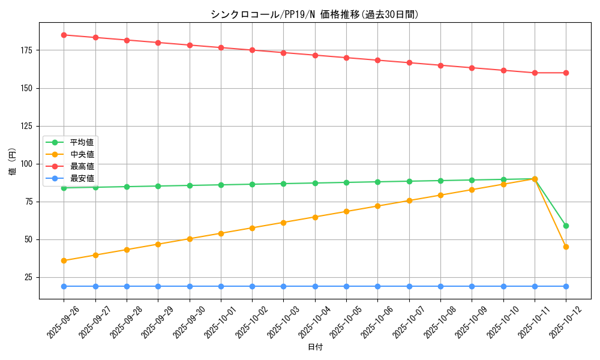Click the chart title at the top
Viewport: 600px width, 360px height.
point(314,14)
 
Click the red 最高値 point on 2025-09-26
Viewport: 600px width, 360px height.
point(64,35)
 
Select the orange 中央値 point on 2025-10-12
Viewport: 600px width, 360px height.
point(566,247)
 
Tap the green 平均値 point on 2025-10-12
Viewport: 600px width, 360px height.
point(566,226)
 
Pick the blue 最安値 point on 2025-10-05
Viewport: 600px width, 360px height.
point(346,286)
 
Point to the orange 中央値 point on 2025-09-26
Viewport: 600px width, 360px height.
point(64,260)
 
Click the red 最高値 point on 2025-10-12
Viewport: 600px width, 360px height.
point(566,73)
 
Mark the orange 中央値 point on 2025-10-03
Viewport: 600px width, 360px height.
point(284,223)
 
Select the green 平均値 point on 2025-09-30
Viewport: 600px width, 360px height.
point(190,185)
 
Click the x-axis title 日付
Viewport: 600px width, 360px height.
point(315,347)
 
